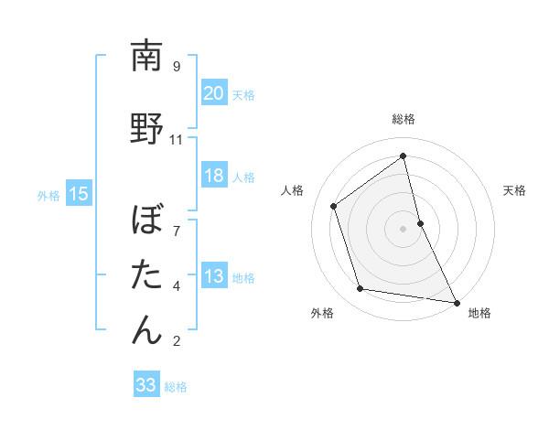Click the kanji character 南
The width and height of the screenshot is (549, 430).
tap(146, 57)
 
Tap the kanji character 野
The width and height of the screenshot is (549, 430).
tap(146, 128)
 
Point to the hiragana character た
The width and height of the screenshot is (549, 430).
tap(146, 275)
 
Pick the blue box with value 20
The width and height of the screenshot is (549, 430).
tap(213, 93)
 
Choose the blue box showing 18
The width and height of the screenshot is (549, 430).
tap(213, 176)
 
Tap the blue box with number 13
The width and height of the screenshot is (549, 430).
tap(213, 276)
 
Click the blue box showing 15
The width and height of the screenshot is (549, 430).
tap(78, 194)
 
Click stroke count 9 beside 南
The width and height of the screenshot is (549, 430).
tap(177, 67)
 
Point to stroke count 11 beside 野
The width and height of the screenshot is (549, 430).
tap(177, 140)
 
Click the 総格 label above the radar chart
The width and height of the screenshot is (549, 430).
tap(403, 120)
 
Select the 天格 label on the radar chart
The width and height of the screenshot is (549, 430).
tap(514, 190)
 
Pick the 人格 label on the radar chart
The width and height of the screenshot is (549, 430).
tap(293, 190)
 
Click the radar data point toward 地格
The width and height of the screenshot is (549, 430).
tap(457, 301)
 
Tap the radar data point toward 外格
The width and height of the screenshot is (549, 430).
tap(361, 289)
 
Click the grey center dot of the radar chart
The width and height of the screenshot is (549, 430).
tap(403, 228)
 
